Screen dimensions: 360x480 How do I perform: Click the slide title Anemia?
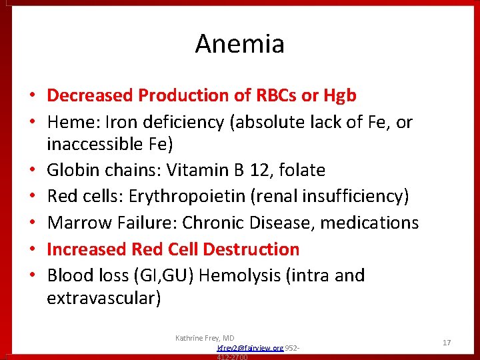[x=239, y=45]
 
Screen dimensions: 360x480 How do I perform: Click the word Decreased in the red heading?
[x=90, y=96]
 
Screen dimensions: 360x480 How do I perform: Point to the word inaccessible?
[x=93, y=144]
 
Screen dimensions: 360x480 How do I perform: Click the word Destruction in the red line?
[x=251, y=249]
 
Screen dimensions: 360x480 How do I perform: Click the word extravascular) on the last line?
[x=103, y=298]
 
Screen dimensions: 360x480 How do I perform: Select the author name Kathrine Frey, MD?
[x=205, y=338]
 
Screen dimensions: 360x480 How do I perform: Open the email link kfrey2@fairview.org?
[x=250, y=348]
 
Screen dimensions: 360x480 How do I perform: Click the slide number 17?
[x=447, y=343]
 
